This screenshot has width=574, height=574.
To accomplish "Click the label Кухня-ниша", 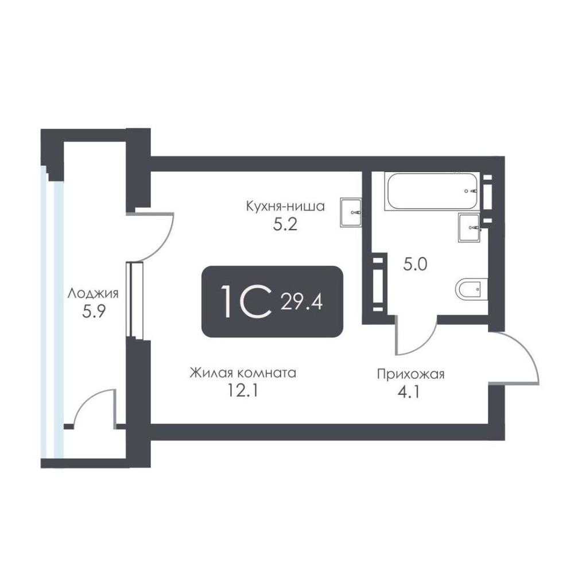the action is (x=285, y=207).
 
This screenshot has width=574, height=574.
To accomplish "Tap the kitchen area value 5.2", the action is (x=285, y=225).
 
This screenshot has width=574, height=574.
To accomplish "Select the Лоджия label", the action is (x=93, y=294).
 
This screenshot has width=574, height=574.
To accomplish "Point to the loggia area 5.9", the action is (x=94, y=312).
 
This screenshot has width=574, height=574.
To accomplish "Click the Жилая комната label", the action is (x=243, y=373).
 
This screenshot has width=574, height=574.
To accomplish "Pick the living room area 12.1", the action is (x=243, y=391).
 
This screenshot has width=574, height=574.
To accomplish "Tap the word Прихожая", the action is (x=411, y=374).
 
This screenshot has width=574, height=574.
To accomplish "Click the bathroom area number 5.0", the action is (x=415, y=264).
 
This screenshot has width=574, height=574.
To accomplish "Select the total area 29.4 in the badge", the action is (x=301, y=302).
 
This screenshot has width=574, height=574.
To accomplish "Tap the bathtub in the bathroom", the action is (x=431, y=191).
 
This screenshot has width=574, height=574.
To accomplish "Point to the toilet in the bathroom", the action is (x=472, y=289).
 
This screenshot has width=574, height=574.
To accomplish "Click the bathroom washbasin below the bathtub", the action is (x=470, y=228).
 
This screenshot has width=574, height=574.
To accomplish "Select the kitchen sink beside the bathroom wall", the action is (x=351, y=212).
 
